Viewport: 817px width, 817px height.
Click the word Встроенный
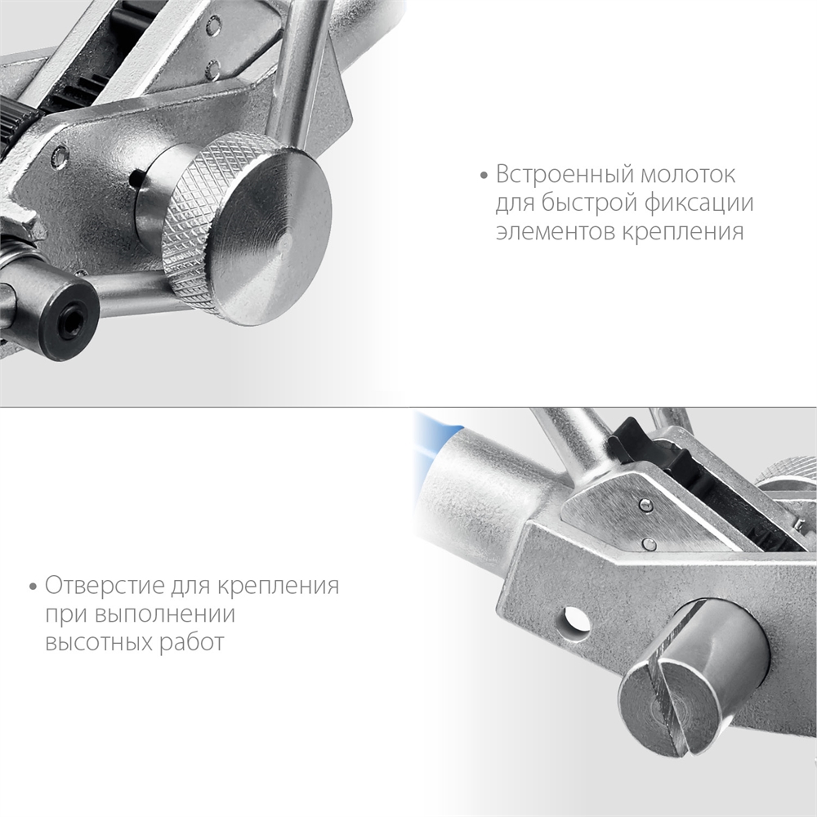point(563,175)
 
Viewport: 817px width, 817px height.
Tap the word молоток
point(688,175)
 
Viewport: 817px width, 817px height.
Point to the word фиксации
point(699,203)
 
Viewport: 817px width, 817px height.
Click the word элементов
point(554,232)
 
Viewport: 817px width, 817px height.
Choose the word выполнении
point(165,614)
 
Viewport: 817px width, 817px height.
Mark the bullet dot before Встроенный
point(484,176)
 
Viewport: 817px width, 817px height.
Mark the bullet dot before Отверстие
point(33,587)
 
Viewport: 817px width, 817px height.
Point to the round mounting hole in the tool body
point(574,622)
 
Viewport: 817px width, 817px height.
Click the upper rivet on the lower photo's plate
point(645,504)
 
